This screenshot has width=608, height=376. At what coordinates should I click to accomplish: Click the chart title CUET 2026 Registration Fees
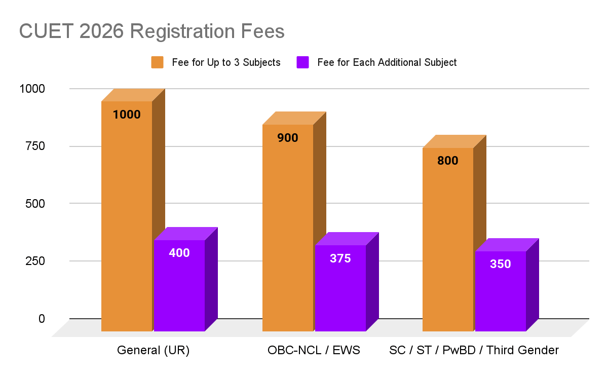click(152, 31)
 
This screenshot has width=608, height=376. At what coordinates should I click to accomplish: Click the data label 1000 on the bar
click(127, 115)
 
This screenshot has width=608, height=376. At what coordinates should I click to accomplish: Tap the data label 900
click(288, 137)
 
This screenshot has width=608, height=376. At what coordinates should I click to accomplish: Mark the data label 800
click(448, 161)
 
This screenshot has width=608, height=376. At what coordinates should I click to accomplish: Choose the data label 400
click(179, 252)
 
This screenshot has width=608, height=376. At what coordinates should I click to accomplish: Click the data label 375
click(340, 258)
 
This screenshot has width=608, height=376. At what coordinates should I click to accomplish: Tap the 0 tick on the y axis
click(42, 318)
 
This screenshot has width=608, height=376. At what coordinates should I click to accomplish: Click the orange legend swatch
click(157, 62)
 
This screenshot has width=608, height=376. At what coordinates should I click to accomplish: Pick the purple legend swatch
click(302, 62)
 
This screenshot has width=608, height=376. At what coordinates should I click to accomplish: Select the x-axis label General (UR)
click(153, 350)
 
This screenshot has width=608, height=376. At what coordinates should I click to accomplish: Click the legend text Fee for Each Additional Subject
click(387, 62)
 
